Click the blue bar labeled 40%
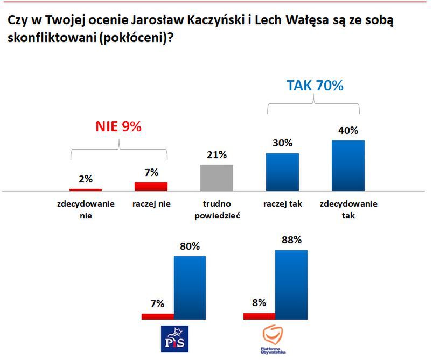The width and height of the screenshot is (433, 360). pyautogui.click(x=348, y=165)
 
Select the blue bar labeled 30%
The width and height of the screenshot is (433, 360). pyautogui.click(x=282, y=172)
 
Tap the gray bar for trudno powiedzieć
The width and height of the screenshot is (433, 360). pyautogui.click(x=216, y=178)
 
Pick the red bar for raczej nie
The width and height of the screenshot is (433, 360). pyautogui.click(x=151, y=186)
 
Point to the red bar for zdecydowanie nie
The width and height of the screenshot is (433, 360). pyautogui.click(x=85, y=189)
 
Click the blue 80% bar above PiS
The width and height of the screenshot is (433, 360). pyautogui.click(x=190, y=287)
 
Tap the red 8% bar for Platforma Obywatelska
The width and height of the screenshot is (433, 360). pyautogui.click(x=259, y=316)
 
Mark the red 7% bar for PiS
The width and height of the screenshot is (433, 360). pyautogui.click(x=158, y=316)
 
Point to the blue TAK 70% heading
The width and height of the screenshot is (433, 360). pyautogui.click(x=315, y=86)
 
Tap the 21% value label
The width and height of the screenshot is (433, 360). pyautogui.click(x=216, y=155)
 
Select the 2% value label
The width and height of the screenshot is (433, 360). pyautogui.click(x=85, y=179)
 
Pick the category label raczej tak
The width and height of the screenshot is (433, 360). pyautogui.click(x=282, y=204)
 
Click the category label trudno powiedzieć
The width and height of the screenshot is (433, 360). pyautogui.click(x=216, y=210)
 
